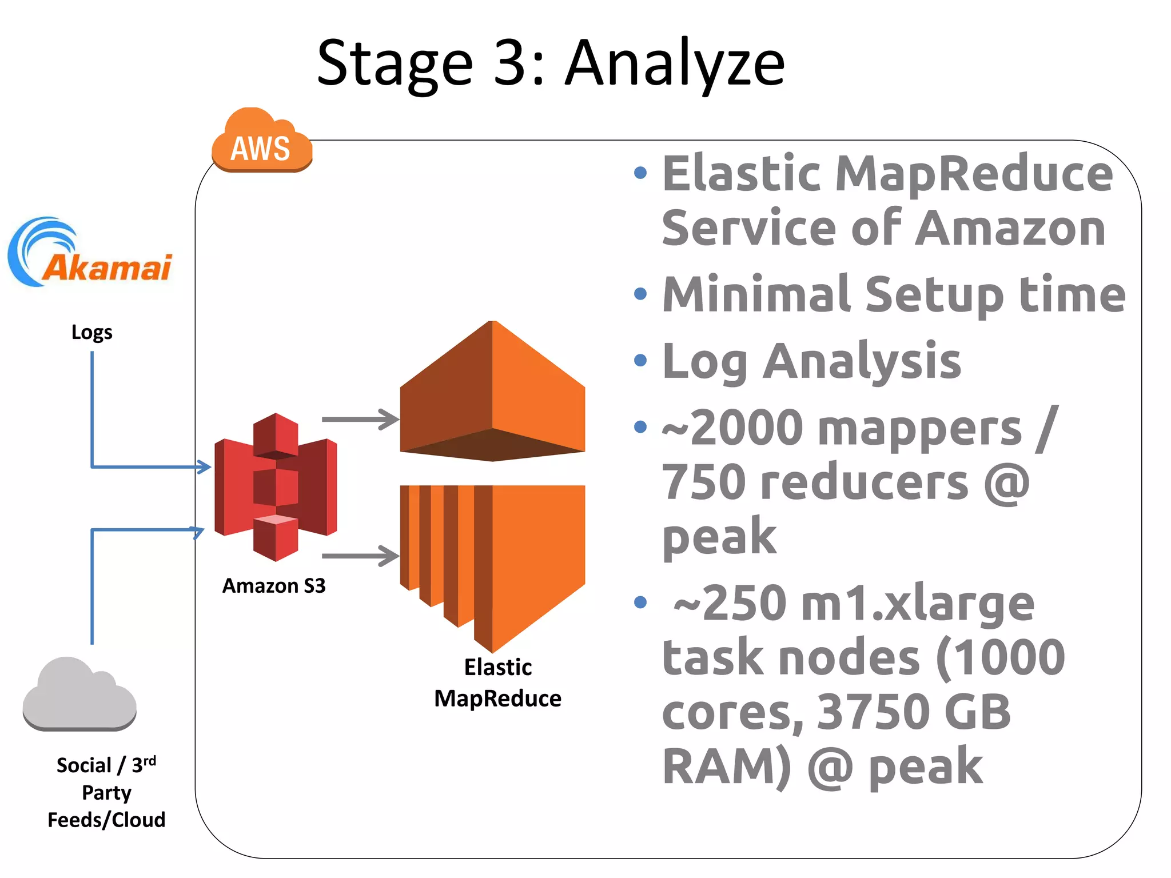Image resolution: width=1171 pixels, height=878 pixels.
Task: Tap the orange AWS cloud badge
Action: tap(261, 143)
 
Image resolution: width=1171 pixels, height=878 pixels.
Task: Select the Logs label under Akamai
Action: tap(91, 332)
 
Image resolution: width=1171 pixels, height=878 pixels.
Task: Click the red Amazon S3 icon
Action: tap(276, 487)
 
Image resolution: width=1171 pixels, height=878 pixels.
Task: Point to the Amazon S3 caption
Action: tap(274, 586)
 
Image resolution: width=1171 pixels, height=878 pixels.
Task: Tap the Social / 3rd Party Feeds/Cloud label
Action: tap(106, 792)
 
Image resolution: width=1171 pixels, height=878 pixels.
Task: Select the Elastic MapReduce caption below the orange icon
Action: tap(497, 683)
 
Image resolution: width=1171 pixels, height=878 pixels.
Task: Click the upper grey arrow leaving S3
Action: tap(360, 419)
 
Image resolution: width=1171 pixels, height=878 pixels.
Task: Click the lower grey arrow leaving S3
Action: tap(360, 556)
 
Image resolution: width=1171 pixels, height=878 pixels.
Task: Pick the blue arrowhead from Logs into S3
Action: tap(204, 466)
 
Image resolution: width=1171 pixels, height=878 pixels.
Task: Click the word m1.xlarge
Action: tap(917, 604)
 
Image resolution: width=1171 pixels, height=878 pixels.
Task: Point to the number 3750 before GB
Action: tap(874, 712)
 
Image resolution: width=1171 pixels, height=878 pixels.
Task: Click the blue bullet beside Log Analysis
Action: tap(640, 361)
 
